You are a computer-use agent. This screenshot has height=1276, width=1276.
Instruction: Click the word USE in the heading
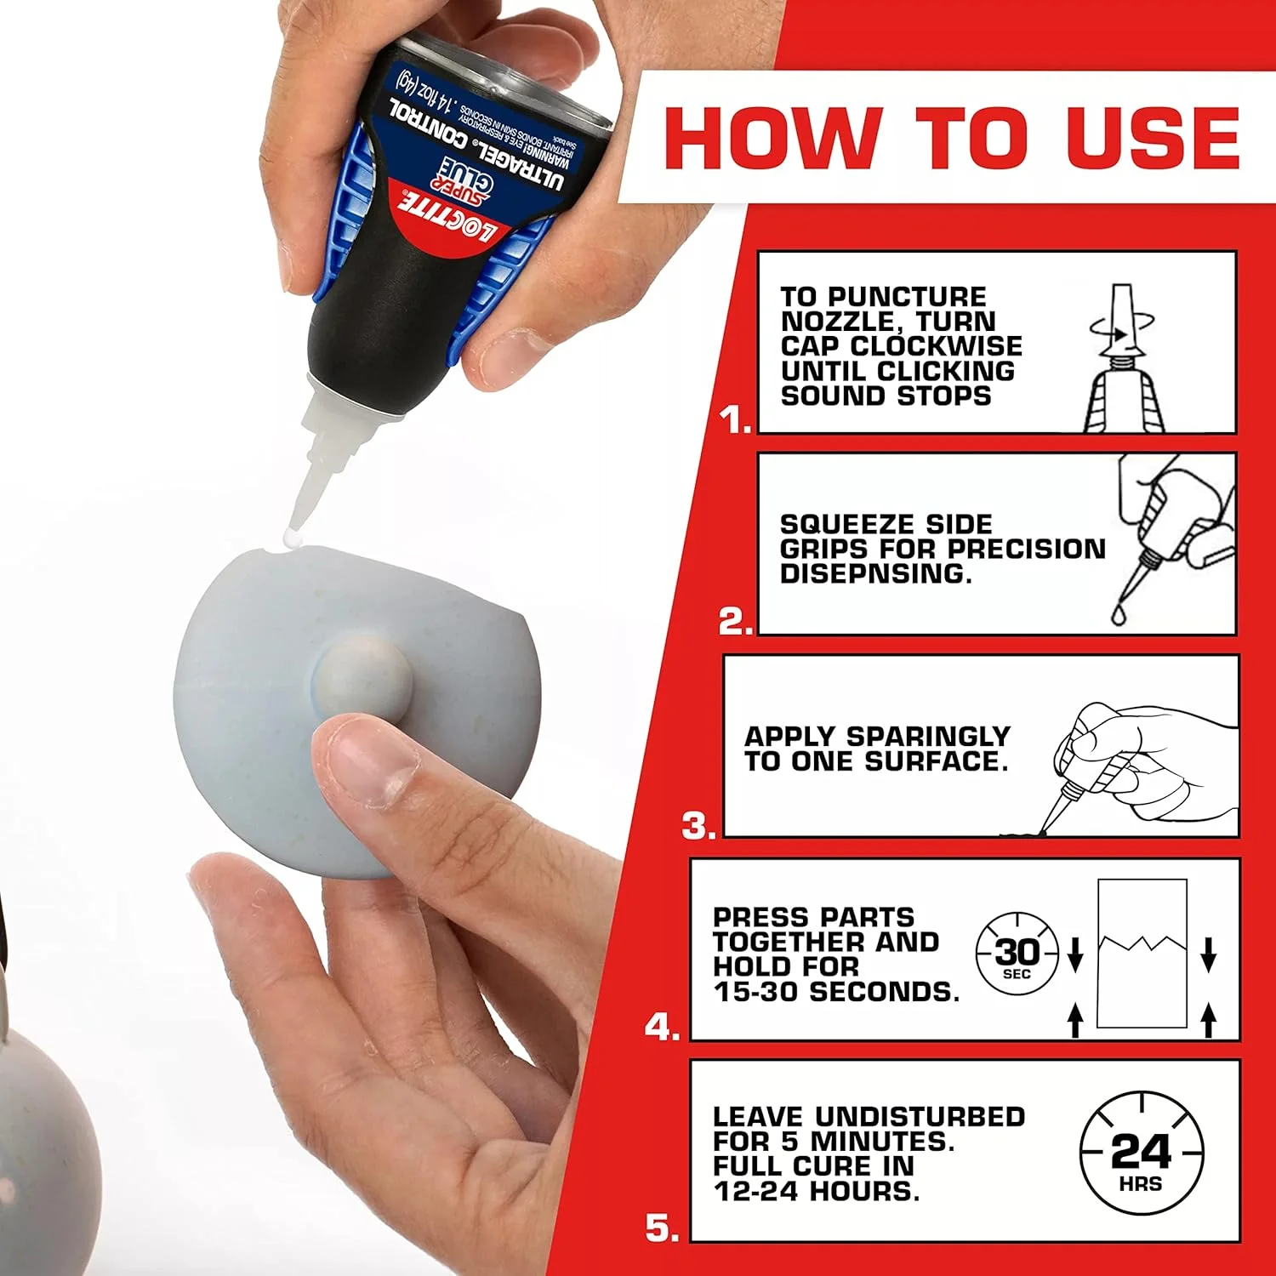coord(1153,138)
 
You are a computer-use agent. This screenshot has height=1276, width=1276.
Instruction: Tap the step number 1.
coord(735,419)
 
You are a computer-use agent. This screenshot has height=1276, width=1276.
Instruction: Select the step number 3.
coord(698,826)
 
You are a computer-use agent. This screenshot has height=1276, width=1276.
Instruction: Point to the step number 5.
coord(662,1228)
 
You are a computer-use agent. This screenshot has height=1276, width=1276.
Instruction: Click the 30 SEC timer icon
coord(1017,955)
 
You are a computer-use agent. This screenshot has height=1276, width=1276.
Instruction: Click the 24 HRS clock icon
coord(1141,1153)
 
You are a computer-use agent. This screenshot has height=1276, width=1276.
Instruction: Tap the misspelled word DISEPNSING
coord(875,574)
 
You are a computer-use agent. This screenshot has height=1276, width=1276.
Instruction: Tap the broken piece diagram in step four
coord(1142,953)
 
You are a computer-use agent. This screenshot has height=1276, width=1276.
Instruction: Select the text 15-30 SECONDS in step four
coord(836,992)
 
